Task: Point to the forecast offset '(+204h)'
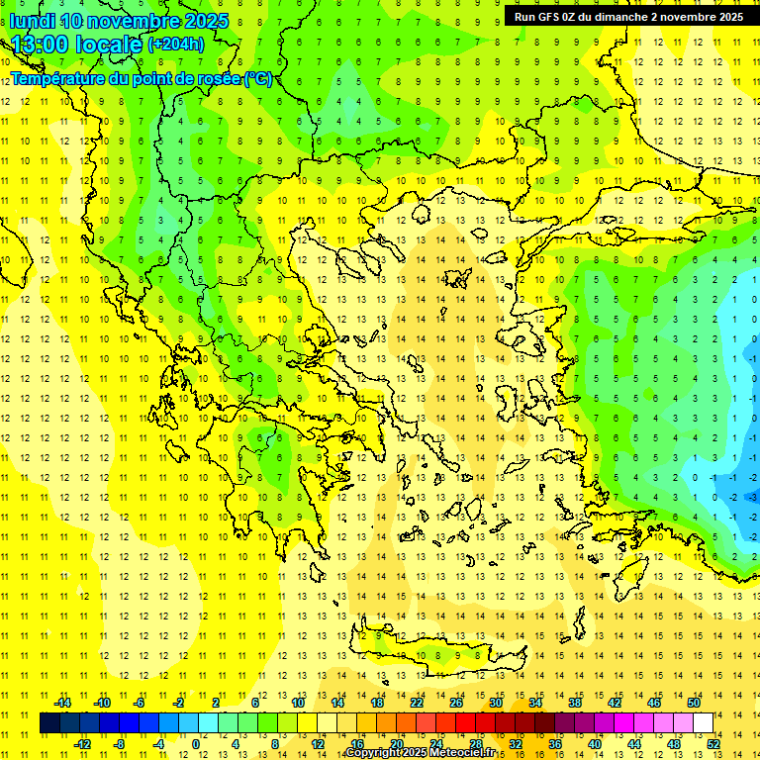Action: [176, 45]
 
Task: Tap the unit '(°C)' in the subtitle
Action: [258, 78]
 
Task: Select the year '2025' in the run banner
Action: [726, 17]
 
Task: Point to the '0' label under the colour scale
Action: [196, 743]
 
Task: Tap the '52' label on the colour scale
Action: [713, 743]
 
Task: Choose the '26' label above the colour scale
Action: [456, 703]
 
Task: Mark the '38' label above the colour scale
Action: [575, 703]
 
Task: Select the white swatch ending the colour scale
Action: [704, 722]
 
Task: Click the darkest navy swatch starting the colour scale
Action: [49, 722]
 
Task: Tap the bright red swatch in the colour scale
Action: [466, 722]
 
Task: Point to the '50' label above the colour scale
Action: [694, 703]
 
